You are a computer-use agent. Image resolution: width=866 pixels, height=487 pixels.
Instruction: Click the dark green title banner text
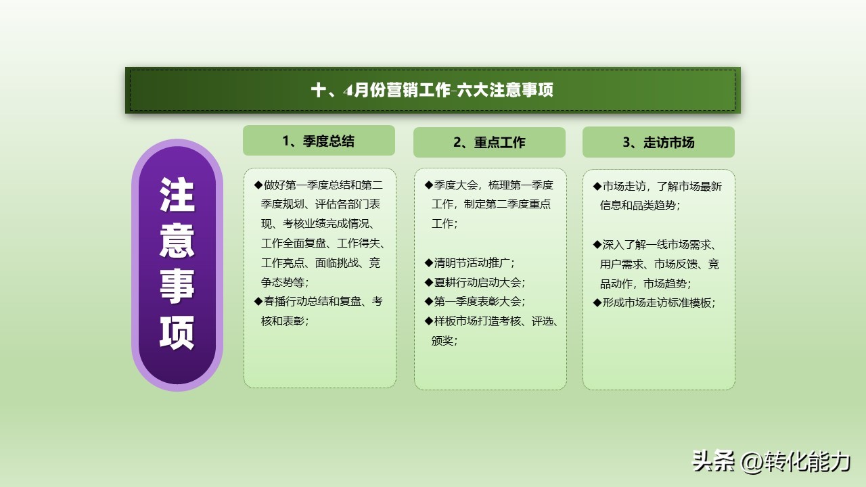pyautogui.click(x=432, y=90)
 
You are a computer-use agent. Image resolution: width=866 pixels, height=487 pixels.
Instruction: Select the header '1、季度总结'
pyautogui.click(x=319, y=141)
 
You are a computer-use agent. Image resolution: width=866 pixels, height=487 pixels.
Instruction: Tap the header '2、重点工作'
pyautogui.click(x=489, y=143)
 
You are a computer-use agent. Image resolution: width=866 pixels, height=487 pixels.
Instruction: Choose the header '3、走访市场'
pyautogui.click(x=658, y=143)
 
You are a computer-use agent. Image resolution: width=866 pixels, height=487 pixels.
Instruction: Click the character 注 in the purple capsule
pyautogui.click(x=177, y=195)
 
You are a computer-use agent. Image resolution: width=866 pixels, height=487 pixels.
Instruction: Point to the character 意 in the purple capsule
pyautogui.click(x=177, y=241)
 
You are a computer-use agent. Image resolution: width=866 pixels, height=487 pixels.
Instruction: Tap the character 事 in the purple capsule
pyautogui.click(x=177, y=286)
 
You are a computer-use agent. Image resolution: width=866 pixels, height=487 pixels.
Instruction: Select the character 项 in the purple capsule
pyautogui.click(x=177, y=332)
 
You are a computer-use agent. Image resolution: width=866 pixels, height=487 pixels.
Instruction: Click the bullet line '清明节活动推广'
pyautogui.click(x=470, y=263)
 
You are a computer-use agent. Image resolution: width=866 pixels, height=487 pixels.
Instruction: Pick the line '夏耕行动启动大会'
pyautogui.click(x=475, y=283)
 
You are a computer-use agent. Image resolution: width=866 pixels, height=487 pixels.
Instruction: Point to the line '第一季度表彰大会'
pyautogui.click(x=475, y=302)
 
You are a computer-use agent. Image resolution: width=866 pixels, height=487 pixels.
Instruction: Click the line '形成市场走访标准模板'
pyautogui.click(x=654, y=302)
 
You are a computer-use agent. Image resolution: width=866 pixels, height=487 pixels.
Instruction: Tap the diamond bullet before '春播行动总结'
pyautogui.click(x=258, y=302)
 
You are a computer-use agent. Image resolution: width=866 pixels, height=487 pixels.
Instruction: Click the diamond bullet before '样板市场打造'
pyautogui.click(x=428, y=321)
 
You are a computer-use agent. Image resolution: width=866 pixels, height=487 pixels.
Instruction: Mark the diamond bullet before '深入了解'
pyautogui.click(x=597, y=245)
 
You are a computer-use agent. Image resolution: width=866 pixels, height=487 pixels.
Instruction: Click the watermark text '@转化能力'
pyautogui.click(x=795, y=462)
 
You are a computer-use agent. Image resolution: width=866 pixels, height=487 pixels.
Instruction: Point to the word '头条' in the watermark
pyautogui.click(x=713, y=461)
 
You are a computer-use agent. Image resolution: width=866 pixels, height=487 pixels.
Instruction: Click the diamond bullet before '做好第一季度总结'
pyautogui.click(x=258, y=185)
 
